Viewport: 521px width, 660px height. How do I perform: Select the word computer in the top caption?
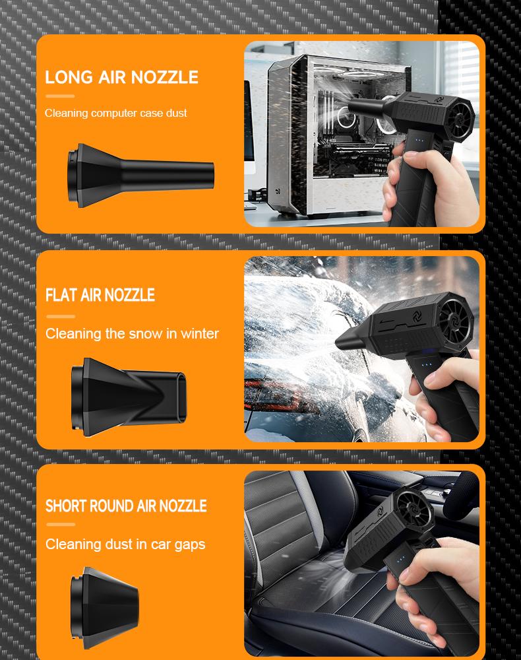point(118,114)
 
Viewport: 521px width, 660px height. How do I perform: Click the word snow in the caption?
point(145,334)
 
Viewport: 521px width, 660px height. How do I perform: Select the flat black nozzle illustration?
point(129,393)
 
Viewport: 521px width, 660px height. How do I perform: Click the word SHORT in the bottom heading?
point(66,506)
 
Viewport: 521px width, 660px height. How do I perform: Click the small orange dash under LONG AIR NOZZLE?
point(60,96)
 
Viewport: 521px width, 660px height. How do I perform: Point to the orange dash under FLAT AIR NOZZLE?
point(60,317)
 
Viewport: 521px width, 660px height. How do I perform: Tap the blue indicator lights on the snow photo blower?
point(427,364)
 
